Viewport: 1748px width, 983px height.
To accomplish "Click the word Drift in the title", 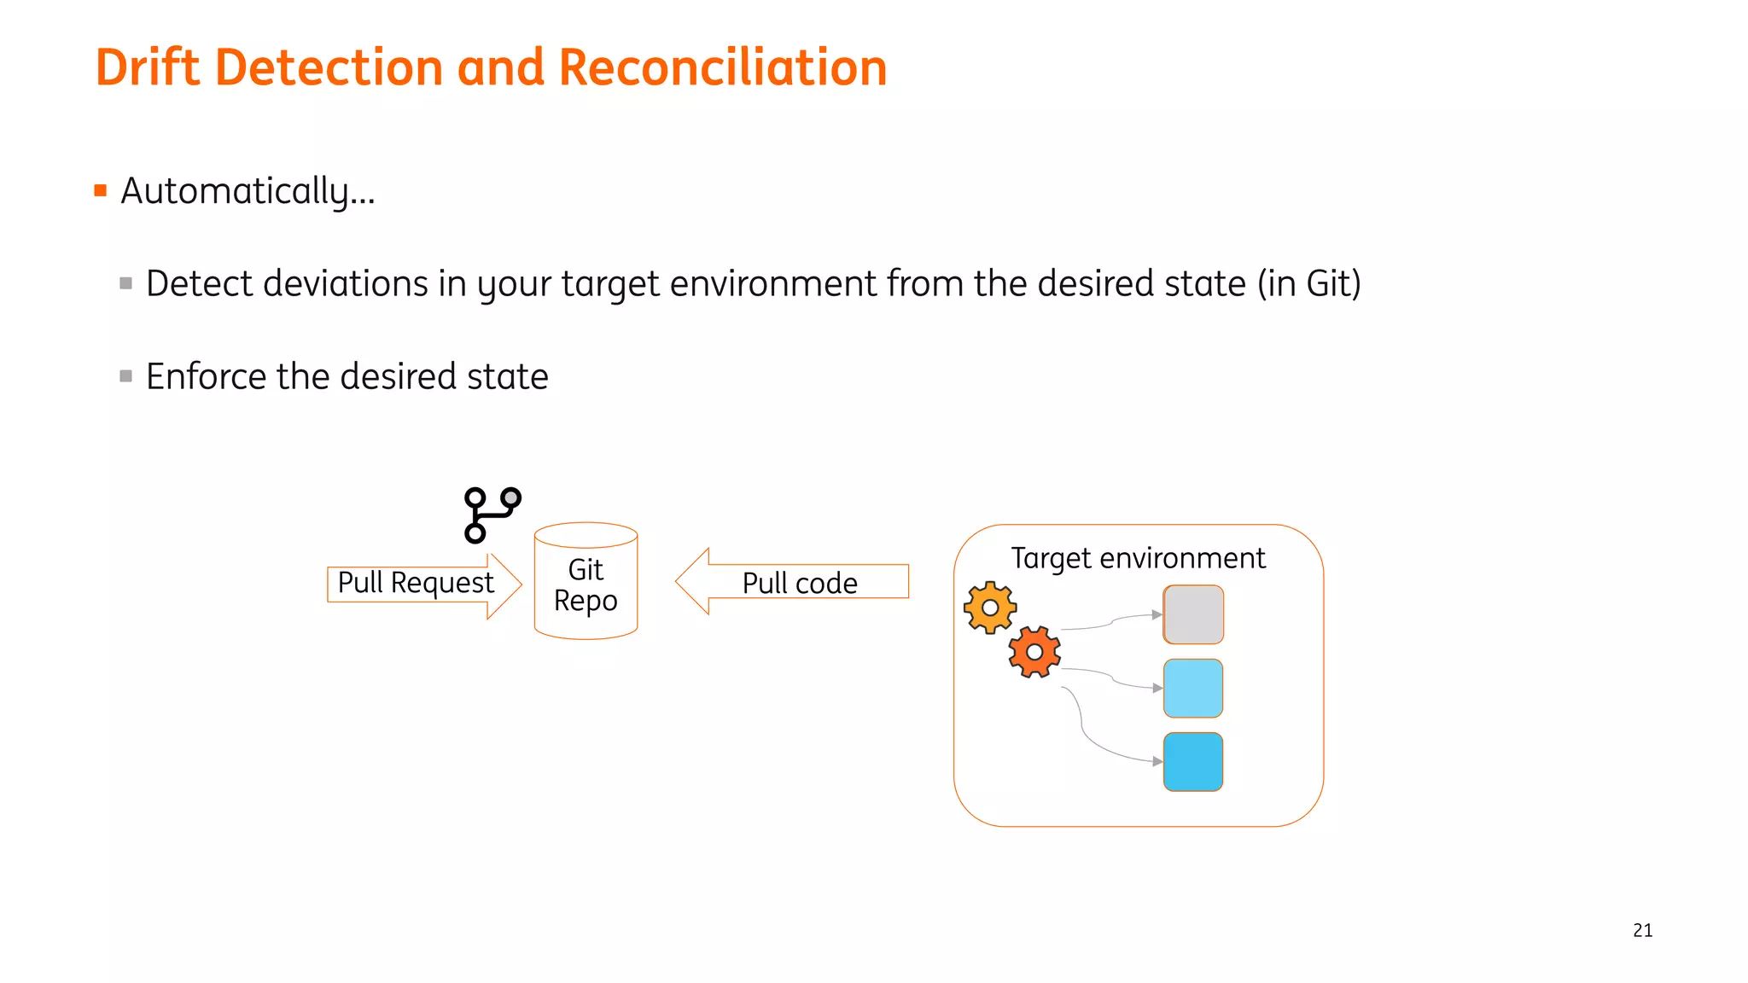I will pos(147,67).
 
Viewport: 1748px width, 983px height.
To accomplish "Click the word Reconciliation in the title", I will pos(723,67).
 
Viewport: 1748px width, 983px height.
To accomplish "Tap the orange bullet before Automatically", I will pos(101,190).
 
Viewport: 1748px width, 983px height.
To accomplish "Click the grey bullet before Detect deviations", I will pos(126,283).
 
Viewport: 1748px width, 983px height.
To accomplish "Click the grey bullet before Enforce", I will pos(126,376).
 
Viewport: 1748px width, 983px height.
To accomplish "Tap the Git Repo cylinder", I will pos(586,585).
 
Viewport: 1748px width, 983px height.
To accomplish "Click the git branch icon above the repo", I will pos(491,515).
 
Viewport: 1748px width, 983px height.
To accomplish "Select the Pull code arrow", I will pos(794,582).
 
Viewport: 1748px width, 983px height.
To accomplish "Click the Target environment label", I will pos(1138,558).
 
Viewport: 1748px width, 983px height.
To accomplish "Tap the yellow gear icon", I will pos(989,608).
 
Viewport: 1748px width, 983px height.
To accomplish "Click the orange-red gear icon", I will pos(1034,652).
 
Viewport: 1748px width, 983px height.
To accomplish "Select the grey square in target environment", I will pos(1193,614).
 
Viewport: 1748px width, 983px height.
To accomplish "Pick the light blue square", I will pos(1193,688).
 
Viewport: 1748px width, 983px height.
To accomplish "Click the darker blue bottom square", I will pos(1193,761).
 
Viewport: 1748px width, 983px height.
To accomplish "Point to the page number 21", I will pos(1642,930).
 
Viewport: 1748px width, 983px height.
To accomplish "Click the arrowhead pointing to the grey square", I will pos(1157,614).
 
